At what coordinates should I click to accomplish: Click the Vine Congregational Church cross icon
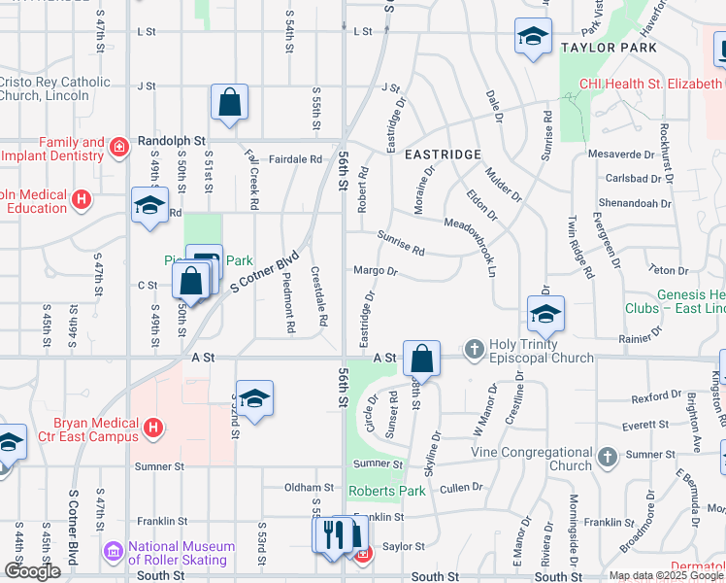608,456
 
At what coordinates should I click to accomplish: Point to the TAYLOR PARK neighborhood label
609,47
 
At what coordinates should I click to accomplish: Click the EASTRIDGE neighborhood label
443,154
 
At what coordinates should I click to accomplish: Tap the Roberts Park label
386,491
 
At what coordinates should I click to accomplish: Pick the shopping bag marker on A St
422,359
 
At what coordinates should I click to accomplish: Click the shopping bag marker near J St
230,102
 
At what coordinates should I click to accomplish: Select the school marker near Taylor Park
533,37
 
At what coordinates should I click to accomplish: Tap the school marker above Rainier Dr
545,314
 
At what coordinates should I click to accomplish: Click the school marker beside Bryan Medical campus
254,398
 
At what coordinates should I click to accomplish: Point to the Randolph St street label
162,140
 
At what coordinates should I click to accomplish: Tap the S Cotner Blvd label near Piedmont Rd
262,275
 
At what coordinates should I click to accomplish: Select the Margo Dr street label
376,271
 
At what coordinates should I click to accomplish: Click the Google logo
32,571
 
